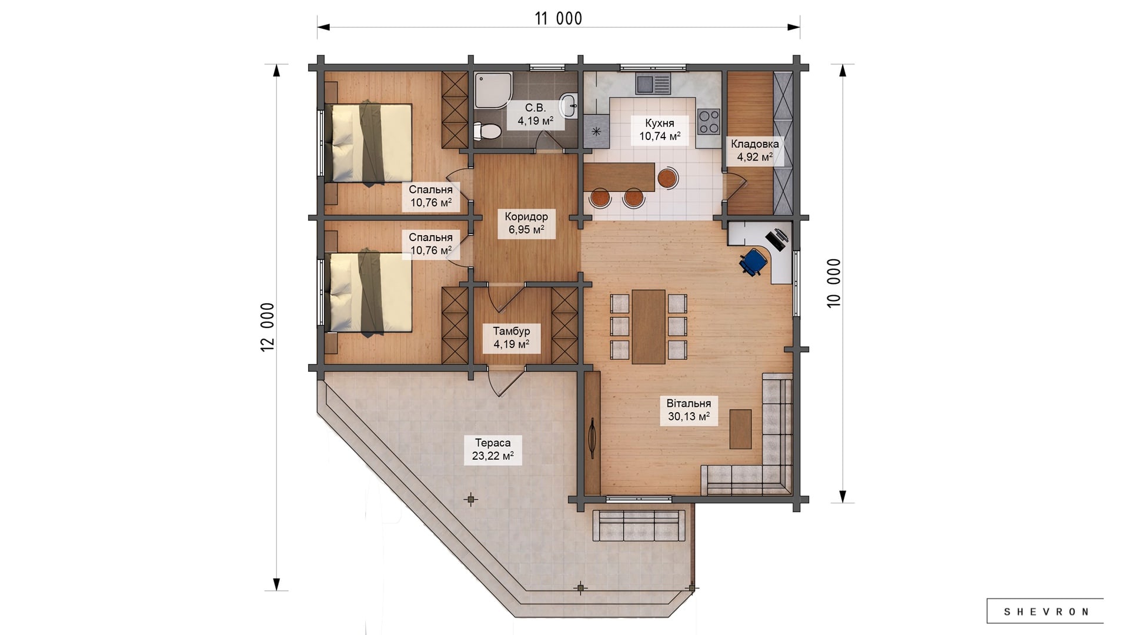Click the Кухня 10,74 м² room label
[x=660, y=130]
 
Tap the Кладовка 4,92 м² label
[x=754, y=151]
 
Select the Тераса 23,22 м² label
[x=493, y=449]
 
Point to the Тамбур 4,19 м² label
[x=511, y=337]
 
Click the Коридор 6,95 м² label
[x=526, y=223]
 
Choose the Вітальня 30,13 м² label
[x=689, y=410]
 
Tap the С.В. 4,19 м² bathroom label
[x=535, y=115]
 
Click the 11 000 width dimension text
[x=558, y=19]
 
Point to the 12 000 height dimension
[x=268, y=327]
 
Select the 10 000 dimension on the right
[x=834, y=283]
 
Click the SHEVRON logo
[x=1046, y=611]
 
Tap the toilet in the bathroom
[x=486, y=131]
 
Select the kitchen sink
[x=653, y=83]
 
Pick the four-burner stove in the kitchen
[x=708, y=121]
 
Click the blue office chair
[x=753, y=261]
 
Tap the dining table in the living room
[x=649, y=326]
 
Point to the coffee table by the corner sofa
[x=740, y=429]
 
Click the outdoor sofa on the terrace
[x=639, y=525]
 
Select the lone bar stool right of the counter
[x=667, y=178]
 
